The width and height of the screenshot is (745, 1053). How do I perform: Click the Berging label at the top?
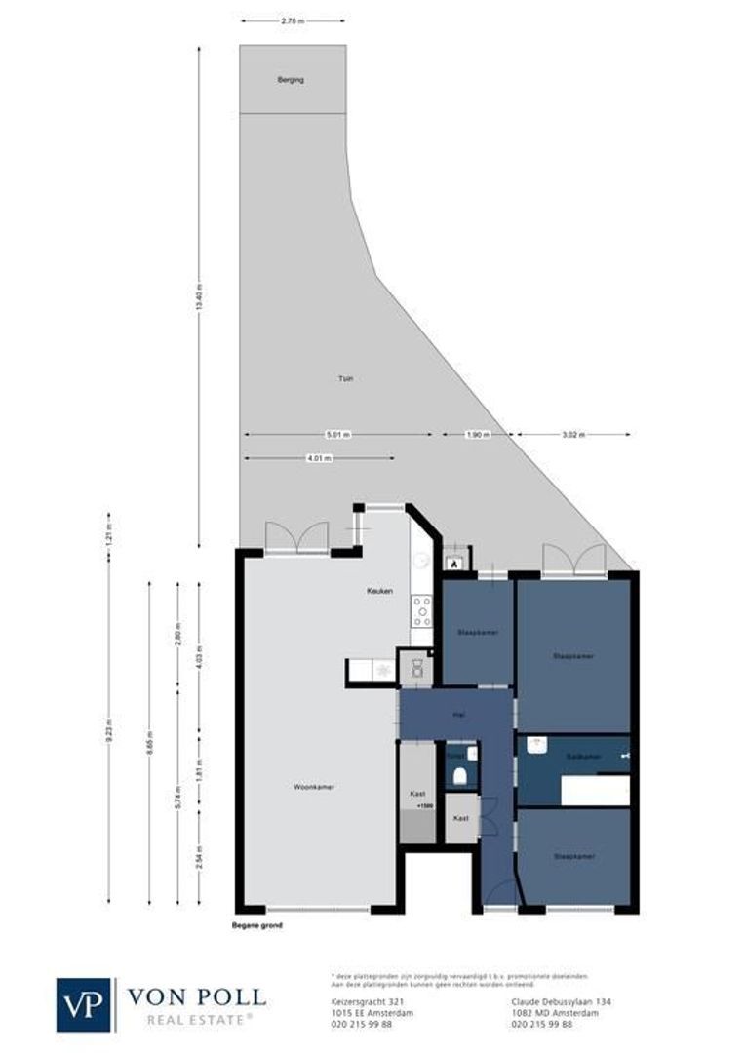(292, 79)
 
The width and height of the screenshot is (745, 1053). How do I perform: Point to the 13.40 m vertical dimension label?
(199, 295)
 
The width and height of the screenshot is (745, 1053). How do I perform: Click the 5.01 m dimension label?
(338, 435)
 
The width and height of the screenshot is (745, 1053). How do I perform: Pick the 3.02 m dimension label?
(572, 435)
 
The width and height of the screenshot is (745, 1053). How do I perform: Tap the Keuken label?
(379, 591)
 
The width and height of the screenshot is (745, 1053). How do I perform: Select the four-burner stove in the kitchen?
(422, 609)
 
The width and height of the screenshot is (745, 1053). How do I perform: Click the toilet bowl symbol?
(459, 776)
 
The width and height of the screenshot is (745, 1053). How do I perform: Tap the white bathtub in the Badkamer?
(595, 791)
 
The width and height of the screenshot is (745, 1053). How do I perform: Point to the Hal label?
(457, 715)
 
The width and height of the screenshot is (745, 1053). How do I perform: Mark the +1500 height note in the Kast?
(424, 807)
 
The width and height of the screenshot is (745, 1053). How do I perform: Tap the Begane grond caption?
(257, 925)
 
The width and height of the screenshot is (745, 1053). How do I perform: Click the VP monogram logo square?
(85, 1004)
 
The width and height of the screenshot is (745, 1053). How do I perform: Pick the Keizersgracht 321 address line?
(362, 1001)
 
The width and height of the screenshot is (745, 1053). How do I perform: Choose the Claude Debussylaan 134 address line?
(561, 1001)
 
